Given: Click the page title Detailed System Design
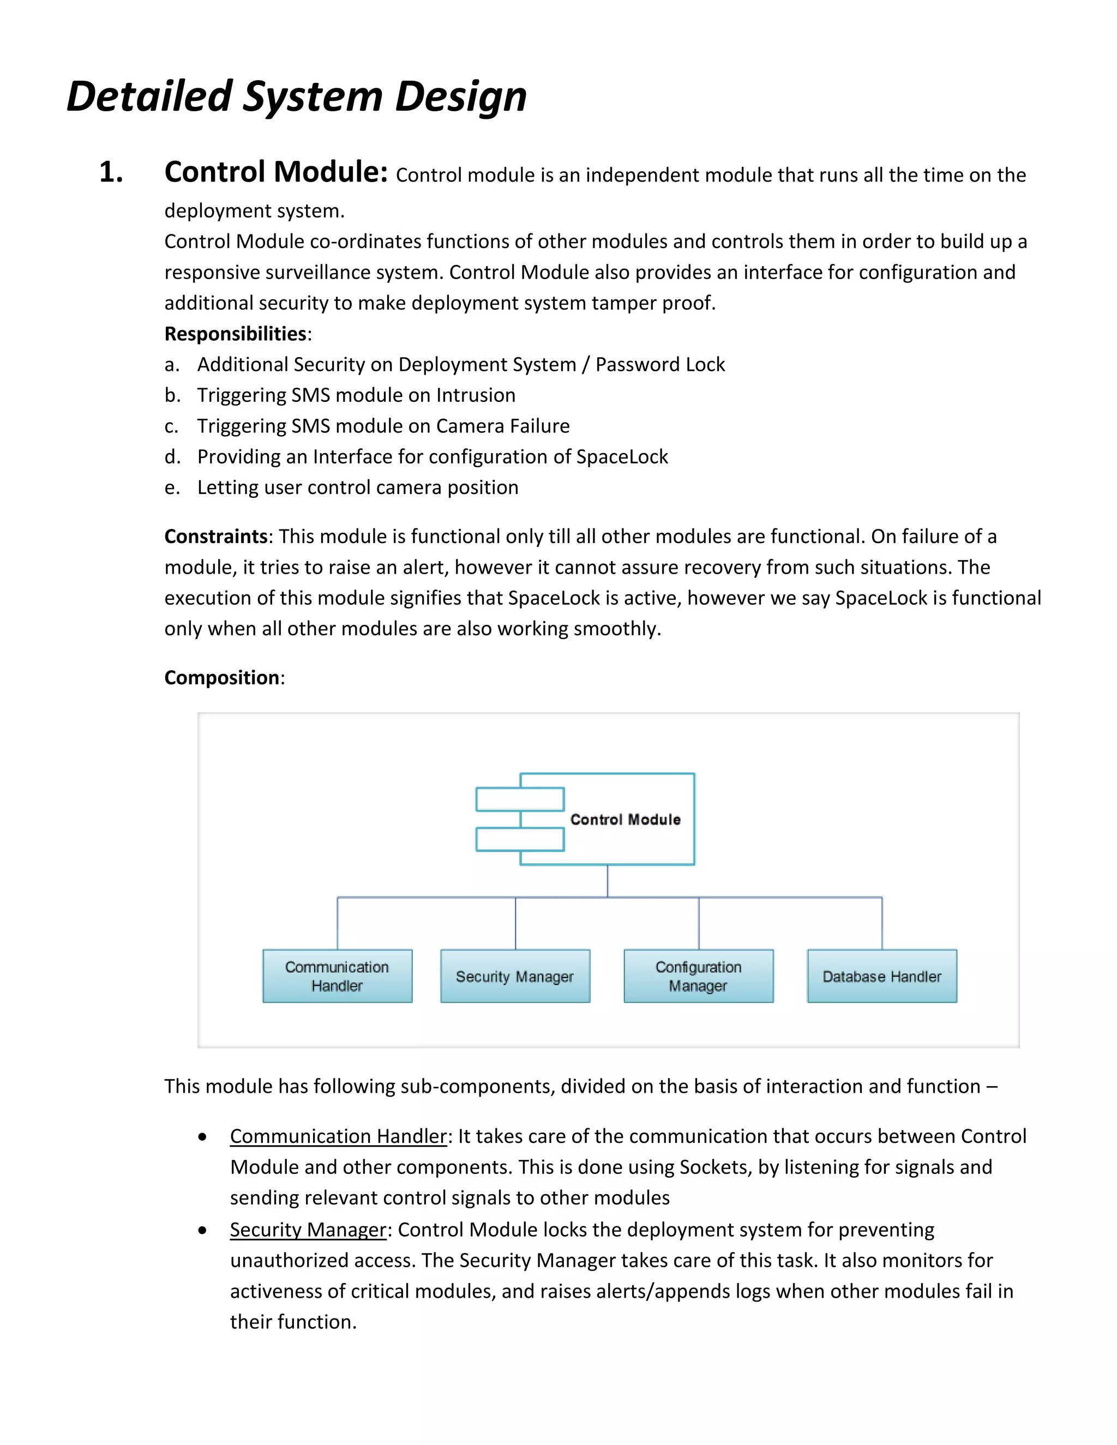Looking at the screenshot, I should pos(297,97).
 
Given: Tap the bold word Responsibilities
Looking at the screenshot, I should pos(235,334).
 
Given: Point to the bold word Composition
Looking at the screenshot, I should pos(221,677).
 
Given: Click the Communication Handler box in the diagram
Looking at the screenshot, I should pos(337,976).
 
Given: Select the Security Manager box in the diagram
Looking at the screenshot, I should pos(515,976).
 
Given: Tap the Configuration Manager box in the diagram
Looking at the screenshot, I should pos(698,976).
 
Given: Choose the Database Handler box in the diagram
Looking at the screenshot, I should pos(881,976).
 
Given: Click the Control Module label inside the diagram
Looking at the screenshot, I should pos(624,819).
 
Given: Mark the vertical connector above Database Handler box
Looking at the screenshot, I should pos(881,923).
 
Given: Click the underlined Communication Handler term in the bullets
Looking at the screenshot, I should pos(338,1136).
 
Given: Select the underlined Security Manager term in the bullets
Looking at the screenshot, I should pos(308,1229).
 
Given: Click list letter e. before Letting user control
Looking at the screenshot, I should pos(172,487).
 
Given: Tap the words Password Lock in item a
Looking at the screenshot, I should pos(660,365).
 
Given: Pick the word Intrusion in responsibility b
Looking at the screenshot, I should pos(476,395).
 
